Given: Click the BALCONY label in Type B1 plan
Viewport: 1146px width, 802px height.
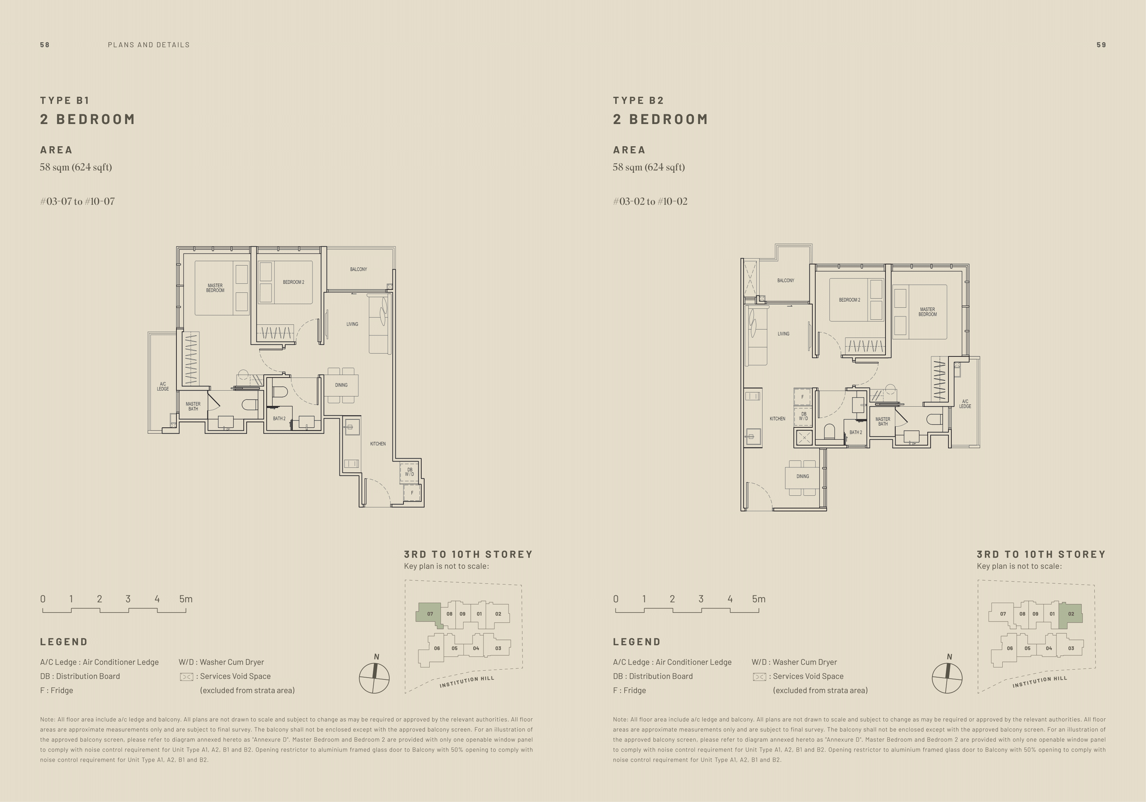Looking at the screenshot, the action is tap(358, 270).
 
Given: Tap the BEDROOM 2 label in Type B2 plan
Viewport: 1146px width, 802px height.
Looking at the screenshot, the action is tap(849, 300).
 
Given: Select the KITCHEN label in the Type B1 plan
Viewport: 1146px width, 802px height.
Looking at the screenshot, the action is tap(378, 444).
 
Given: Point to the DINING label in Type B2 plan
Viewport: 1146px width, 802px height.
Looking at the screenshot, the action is tap(803, 476).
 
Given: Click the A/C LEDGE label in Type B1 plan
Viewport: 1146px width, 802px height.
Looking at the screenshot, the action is tap(163, 386).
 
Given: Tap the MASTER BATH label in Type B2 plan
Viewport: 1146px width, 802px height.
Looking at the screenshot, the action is tap(883, 422).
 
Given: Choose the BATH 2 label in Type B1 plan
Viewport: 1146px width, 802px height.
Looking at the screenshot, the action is tap(279, 419).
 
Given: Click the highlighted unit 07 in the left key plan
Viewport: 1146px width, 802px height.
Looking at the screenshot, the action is tap(429, 614).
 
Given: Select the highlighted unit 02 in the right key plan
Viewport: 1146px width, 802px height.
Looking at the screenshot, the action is tap(1071, 614).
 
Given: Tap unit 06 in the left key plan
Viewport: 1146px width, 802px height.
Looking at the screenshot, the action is tap(437, 648).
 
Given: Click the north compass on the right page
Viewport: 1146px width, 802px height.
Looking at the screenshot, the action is tap(947, 678).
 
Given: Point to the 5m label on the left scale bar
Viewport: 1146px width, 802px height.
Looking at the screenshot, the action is tap(186, 599).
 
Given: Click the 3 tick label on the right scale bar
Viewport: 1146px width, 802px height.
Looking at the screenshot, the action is tap(701, 599).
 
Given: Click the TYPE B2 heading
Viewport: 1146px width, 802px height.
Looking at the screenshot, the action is tap(638, 100).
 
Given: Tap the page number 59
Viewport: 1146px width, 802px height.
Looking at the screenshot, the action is tap(1101, 45).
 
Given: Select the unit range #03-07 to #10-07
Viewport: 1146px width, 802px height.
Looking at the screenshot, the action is tap(77, 202).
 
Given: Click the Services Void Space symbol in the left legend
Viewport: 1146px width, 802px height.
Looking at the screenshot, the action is tap(186, 677).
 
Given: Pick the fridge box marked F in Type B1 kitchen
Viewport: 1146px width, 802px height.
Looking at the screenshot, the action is tap(412, 492).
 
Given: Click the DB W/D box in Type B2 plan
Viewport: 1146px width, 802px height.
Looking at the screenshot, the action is tap(803, 416).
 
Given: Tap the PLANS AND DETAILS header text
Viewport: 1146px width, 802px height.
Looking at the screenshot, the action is tap(149, 45).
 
